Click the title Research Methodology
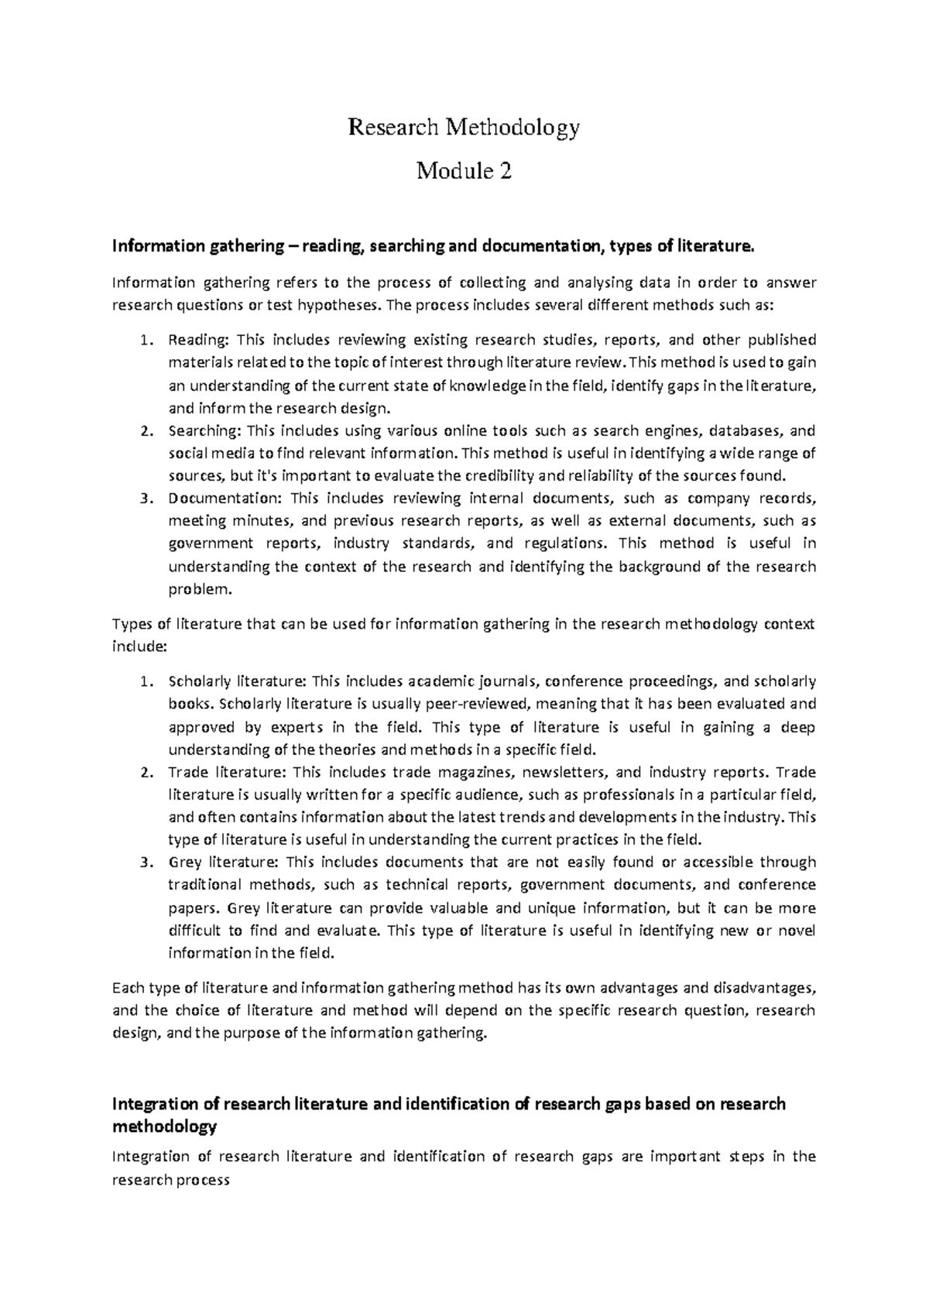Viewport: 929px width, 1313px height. (464, 127)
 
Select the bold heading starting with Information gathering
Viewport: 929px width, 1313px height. (432, 247)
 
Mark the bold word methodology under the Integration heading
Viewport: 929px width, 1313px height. (164, 1127)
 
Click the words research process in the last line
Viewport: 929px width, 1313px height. (171, 1181)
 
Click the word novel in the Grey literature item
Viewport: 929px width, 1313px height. (797, 931)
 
